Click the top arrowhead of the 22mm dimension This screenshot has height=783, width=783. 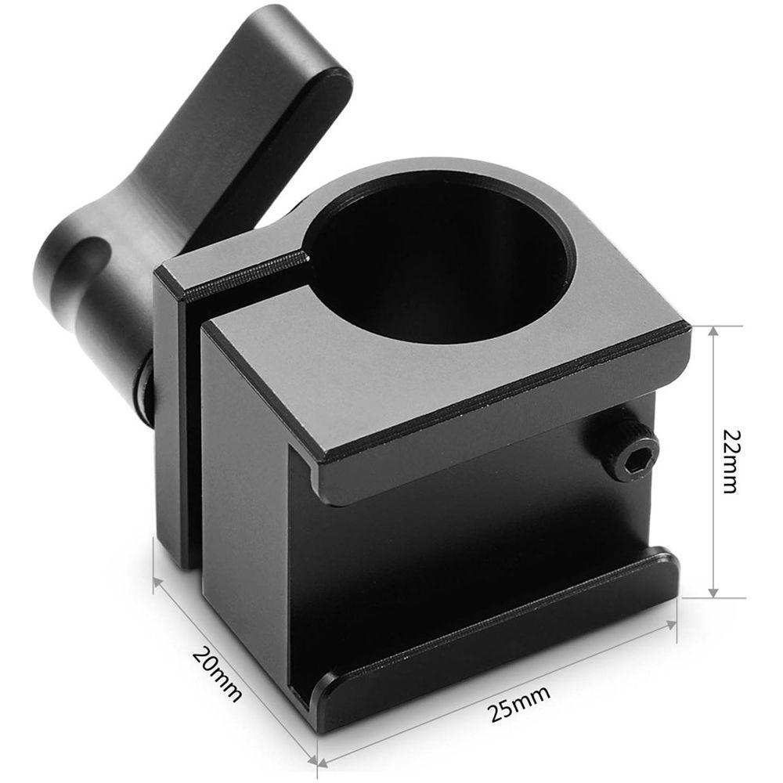point(713,333)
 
